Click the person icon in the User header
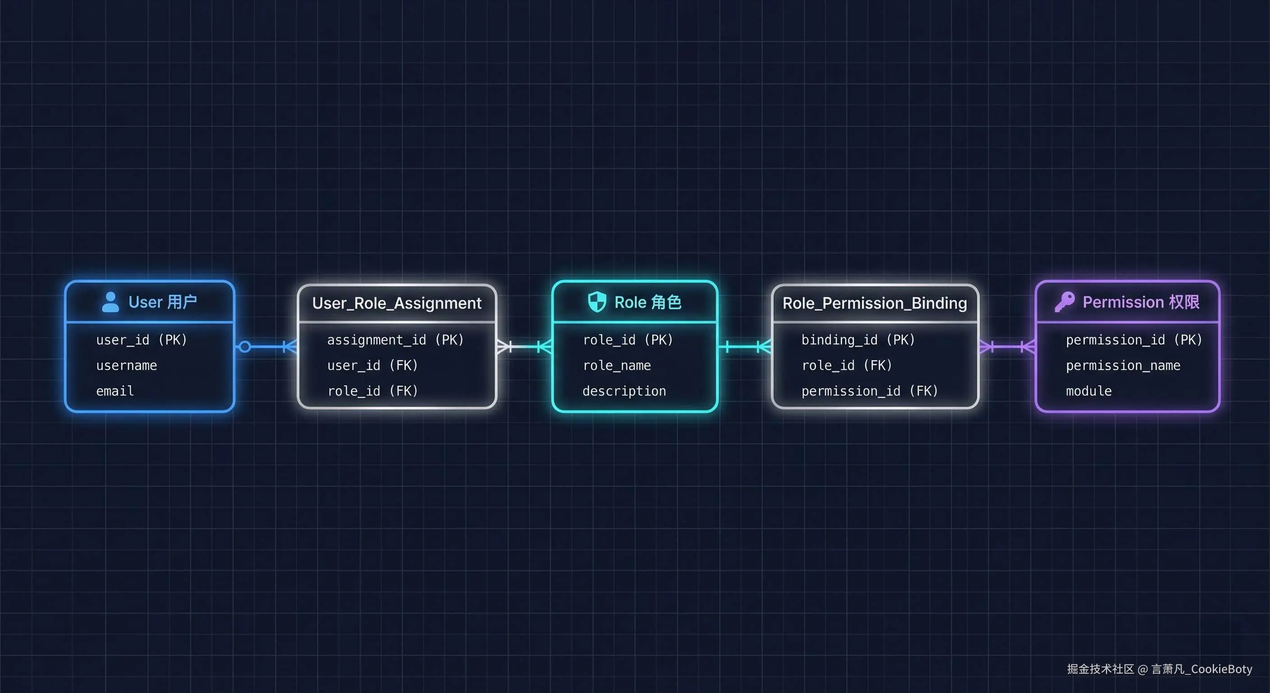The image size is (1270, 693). pos(110,302)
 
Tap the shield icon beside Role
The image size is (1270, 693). pos(597,301)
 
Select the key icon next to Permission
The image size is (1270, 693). pos(1064,301)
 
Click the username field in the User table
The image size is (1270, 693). pos(127,365)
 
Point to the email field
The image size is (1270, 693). pos(115,391)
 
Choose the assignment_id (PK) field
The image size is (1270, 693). pos(396,340)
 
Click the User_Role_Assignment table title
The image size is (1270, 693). pos(397,303)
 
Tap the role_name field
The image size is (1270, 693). pos(617,365)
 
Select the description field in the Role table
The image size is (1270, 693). pos(624,391)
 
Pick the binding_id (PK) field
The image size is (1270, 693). pos(858,340)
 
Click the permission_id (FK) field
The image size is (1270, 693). pos(870,391)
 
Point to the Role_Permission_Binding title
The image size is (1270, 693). pos(874,303)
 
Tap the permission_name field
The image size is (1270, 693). pos(1123,365)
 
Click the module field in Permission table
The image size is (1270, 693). pos(1089,391)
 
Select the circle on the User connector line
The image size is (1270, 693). pos(244,347)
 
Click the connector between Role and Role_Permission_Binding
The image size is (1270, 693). pos(745,347)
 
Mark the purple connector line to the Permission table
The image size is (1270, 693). pos(1007,347)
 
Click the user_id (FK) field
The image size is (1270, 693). pos(373,365)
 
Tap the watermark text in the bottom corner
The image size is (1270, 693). pos(1159,669)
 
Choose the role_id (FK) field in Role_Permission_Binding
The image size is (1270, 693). pos(847,365)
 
